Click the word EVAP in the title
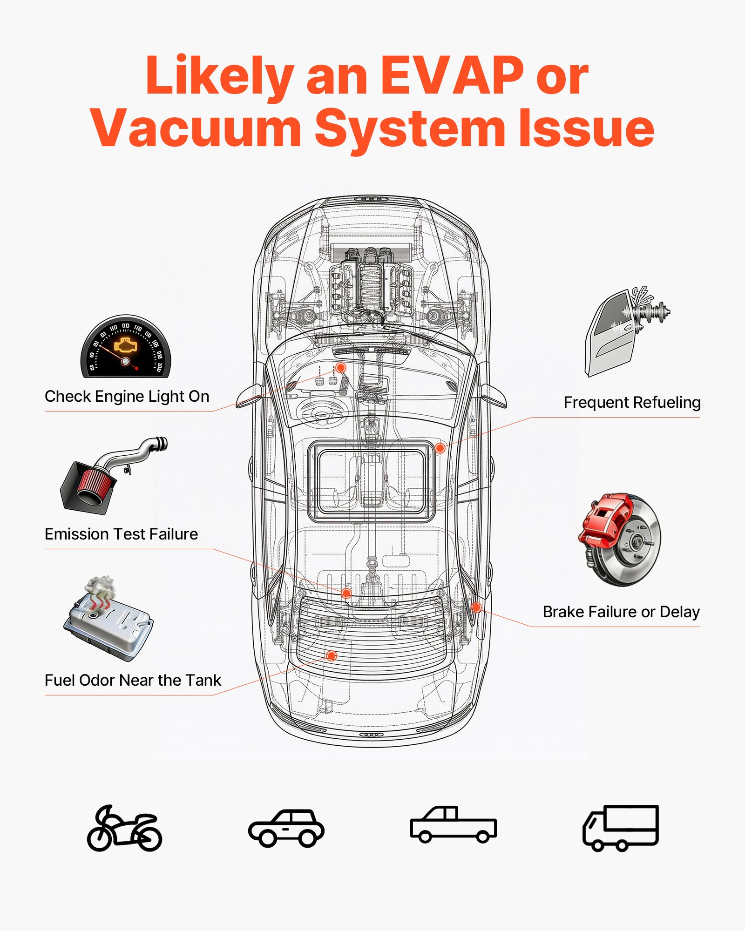pos(452,75)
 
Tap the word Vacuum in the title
pos(196,128)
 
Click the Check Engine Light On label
pos(127,396)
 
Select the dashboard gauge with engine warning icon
pos(126,348)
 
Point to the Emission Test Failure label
pos(121,534)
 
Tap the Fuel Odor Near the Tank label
pos(133,680)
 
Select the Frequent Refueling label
pos(632,402)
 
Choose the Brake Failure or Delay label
pos(621,612)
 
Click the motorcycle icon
pos(124,830)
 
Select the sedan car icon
pos(286,829)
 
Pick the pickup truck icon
pos(453,825)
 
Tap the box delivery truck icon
pos(621,828)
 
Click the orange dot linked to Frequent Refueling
pos(440,448)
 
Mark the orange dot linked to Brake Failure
pos(476,607)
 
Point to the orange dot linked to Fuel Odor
pos(332,656)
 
